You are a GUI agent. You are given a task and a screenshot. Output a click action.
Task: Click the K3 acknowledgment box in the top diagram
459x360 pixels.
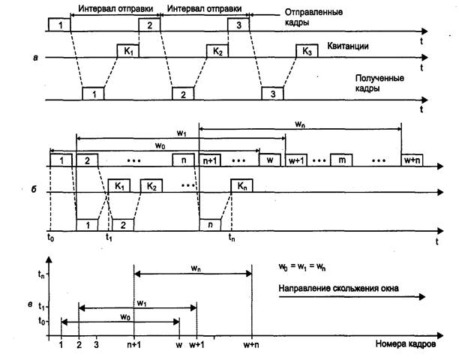tap(307, 52)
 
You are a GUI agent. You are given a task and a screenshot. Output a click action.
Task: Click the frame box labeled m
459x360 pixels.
tap(341, 160)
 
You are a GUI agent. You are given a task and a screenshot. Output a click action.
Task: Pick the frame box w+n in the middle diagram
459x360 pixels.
tap(411, 160)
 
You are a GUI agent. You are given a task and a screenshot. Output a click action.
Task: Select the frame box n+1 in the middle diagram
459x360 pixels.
tap(210, 160)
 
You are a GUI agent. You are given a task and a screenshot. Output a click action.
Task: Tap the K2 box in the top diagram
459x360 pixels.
tap(217, 52)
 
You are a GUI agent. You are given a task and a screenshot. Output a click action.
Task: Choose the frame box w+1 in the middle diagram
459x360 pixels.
tap(295, 160)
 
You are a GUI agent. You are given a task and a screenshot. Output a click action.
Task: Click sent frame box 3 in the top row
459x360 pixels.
tap(238, 25)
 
